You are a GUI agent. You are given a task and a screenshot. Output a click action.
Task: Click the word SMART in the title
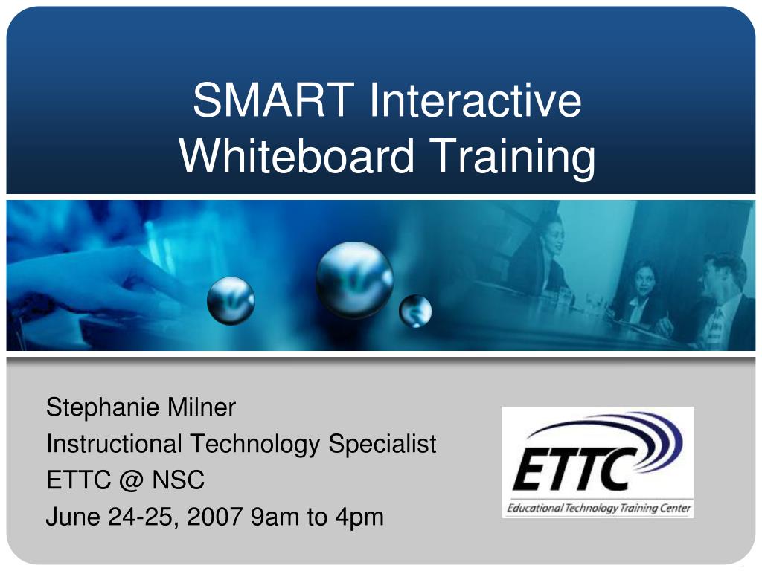(x=274, y=100)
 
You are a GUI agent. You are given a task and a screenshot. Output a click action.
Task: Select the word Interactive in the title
(x=476, y=100)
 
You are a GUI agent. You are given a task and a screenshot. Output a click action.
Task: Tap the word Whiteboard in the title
(x=297, y=155)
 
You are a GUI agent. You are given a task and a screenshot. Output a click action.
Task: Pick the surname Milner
(x=201, y=407)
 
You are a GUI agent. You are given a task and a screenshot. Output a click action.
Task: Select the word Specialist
(x=382, y=445)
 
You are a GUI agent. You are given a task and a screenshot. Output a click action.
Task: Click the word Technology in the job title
(x=255, y=445)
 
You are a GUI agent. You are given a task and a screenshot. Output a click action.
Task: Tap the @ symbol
(x=131, y=481)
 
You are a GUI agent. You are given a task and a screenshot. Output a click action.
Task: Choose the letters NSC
(x=179, y=480)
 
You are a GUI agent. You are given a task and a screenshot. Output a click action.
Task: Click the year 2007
(x=215, y=517)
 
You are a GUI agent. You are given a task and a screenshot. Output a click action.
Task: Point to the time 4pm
(x=359, y=518)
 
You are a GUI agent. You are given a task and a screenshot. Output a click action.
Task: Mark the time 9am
(x=275, y=517)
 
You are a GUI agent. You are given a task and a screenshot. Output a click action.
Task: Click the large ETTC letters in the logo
(x=569, y=469)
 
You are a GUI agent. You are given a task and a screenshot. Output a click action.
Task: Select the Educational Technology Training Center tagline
(x=598, y=508)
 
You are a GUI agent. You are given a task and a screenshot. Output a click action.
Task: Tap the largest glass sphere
(x=354, y=280)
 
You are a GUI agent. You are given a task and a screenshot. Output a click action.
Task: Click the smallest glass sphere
(x=415, y=311)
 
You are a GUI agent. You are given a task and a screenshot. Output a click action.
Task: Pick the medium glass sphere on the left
(x=231, y=300)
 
